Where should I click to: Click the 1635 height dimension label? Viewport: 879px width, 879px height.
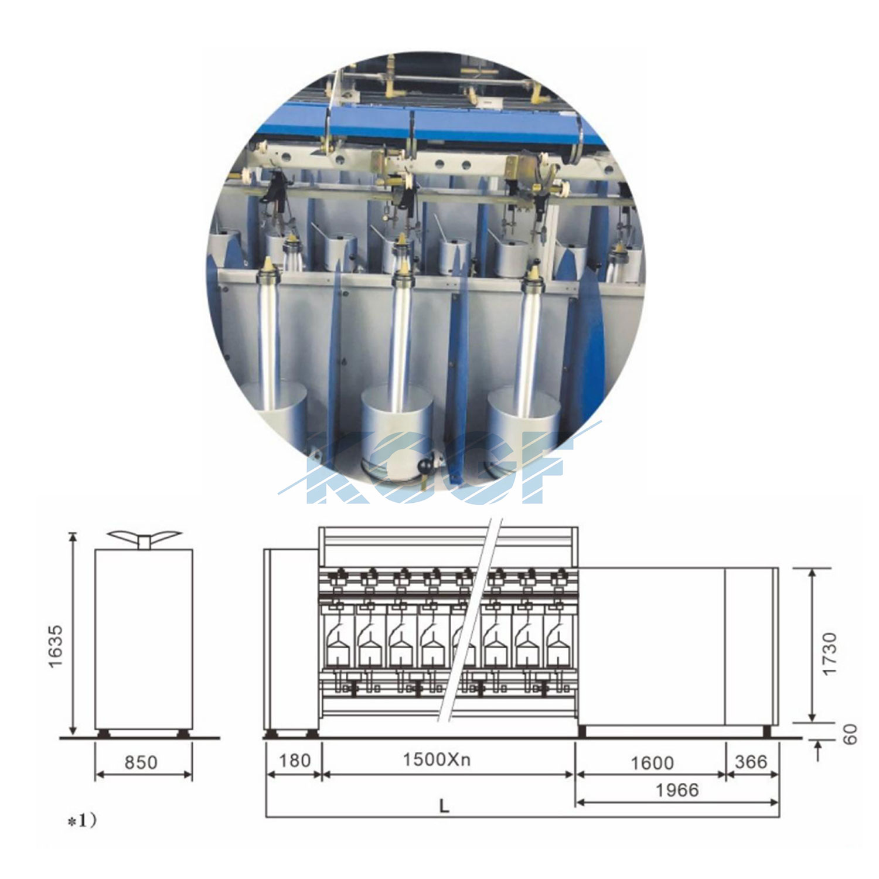[55, 646]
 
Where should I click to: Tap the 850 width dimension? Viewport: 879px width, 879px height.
[141, 762]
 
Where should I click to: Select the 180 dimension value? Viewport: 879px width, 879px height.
[294, 760]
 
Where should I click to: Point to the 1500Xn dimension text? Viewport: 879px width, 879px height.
[437, 759]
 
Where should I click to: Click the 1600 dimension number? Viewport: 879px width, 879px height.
[652, 762]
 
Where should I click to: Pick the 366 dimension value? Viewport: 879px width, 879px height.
[751, 761]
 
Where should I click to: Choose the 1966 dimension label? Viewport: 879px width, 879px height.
[677, 790]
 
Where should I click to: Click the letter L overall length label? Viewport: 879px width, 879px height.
[444, 806]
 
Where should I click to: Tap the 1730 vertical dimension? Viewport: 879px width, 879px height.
[830, 653]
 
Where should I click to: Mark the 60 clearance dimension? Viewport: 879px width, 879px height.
[850, 734]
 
